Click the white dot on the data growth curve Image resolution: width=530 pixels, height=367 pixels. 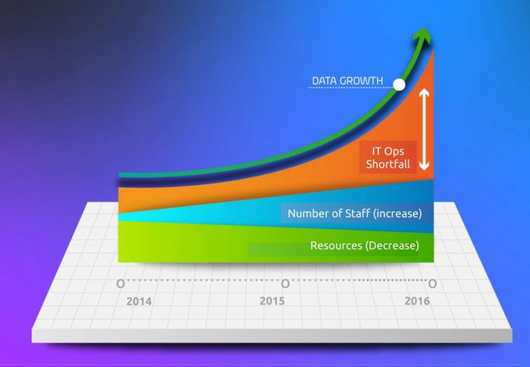point(399,85)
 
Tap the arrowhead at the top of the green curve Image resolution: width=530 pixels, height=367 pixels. point(423,35)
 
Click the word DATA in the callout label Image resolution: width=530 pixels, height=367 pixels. point(325,81)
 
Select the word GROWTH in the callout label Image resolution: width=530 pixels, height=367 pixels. point(361,81)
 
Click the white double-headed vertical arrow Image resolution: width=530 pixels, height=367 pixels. point(424,130)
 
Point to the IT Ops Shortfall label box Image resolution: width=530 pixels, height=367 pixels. point(388,157)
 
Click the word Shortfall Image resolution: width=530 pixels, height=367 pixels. point(388,164)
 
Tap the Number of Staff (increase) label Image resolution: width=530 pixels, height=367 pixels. point(354,214)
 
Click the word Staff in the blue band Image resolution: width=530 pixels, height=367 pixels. point(357,213)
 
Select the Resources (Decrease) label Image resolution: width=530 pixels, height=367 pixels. point(364,245)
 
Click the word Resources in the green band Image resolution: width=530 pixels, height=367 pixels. point(336,245)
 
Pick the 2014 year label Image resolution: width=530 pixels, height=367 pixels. point(139,302)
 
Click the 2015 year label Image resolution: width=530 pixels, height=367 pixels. point(272,301)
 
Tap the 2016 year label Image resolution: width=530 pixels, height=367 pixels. point(417,301)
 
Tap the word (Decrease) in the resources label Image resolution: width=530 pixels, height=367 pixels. point(392,245)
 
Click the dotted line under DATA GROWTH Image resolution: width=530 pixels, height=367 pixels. point(350,88)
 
